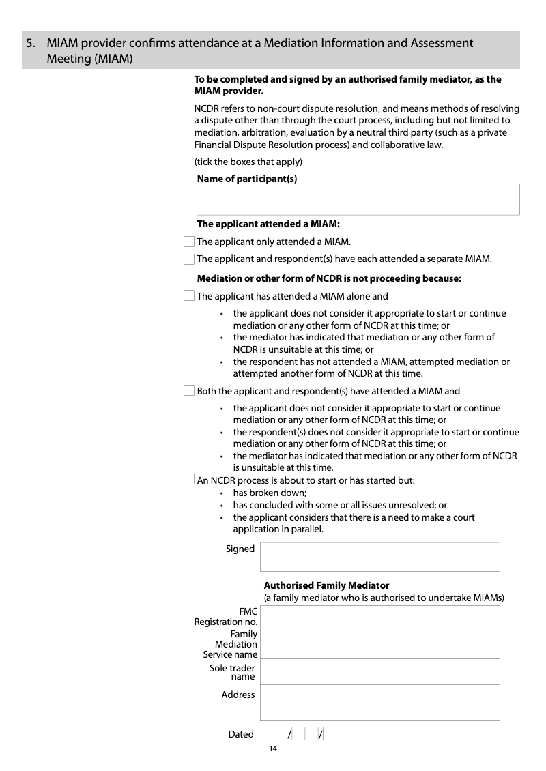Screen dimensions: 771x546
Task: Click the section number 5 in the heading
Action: pyautogui.click(x=30, y=44)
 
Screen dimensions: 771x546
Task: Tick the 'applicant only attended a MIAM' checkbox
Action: pyautogui.click(x=189, y=242)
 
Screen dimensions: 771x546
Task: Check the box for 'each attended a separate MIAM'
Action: pyautogui.click(x=189, y=259)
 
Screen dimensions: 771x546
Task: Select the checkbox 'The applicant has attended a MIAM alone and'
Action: pyautogui.click(x=189, y=295)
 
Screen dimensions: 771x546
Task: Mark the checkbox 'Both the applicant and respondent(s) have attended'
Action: pyautogui.click(x=189, y=390)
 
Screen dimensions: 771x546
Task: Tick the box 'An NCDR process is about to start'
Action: pyautogui.click(x=189, y=480)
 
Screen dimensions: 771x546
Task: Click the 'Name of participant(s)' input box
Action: pyautogui.click(x=358, y=199)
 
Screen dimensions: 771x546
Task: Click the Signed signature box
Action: pyautogui.click(x=379, y=557)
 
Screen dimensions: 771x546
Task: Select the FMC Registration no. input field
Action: pyautogui.click(x=379, y=617)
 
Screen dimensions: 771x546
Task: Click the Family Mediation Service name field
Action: pyautogui.click(x=379, y=643)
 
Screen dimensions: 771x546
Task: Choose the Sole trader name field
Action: pyautogui.click(x=379, y=672)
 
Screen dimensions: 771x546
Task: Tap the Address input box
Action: pyautogui.click(x=379, y=702)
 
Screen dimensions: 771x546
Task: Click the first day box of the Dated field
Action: pyautogui.click(x=268, y=734)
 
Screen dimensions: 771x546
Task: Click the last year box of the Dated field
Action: pyautogui.click(x=368, y=734)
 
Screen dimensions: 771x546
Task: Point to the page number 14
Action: pyautogui.click(x=273, y=749)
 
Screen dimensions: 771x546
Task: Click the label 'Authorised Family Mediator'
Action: pyautogui.click(x=326, y=585)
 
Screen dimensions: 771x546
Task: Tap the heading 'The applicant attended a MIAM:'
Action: pyautogui.click(x=268, y=224)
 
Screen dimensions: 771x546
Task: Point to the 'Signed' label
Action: pyautogui.click(x=240, y=549)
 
